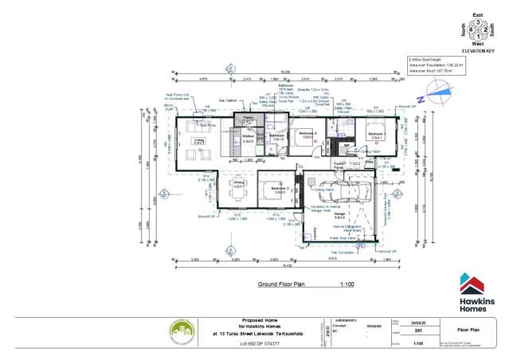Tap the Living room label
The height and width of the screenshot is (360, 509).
pyautogui.click(x=199, y=140)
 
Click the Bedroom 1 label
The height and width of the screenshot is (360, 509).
pyautogui.click(x=378, y=135)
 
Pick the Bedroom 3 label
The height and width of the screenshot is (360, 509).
pyautogui.click(x=277, y=190)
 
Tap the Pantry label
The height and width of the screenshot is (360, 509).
pyautogui.click(x=247, y=119)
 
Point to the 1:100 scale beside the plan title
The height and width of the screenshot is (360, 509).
pyautogui.click(x=347, y=284)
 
